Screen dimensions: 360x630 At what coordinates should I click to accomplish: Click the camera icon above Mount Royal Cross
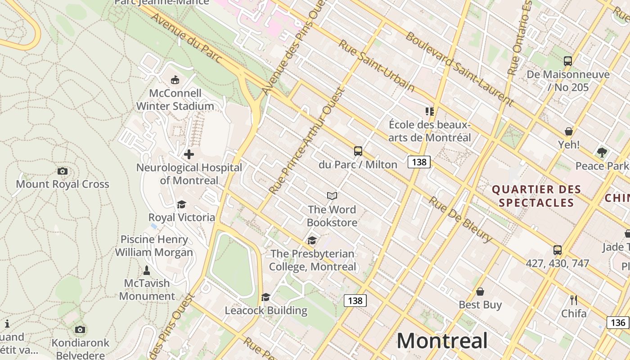coord(63,171)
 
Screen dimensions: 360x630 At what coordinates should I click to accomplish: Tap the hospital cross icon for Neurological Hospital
coord(189,154)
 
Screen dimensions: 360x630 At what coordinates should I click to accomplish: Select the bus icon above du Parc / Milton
coord(358,151)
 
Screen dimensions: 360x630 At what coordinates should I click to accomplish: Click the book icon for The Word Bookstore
coord(332,196)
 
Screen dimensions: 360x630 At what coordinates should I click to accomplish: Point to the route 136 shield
coord(618,322)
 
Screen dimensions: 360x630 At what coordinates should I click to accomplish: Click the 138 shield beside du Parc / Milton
coord(419,162)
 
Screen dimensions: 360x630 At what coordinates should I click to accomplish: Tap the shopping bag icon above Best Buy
coord(480,292)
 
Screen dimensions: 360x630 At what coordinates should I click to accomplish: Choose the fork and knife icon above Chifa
coord(574,300)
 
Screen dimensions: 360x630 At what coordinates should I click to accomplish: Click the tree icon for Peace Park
coord(602,153)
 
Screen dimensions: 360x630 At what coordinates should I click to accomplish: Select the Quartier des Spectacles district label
coord(536,196)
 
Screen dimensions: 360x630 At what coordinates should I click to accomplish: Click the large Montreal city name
coord(442,341)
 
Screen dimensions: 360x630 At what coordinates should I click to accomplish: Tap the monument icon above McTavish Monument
coord(146,270)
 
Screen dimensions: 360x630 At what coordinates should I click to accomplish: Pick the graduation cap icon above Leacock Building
coord(266,297)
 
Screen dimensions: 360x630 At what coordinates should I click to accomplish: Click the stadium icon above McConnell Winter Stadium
coord(175,80)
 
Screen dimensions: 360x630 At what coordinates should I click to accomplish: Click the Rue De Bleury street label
coord(460,219)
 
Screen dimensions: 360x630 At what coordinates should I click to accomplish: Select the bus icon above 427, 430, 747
coord(558,250)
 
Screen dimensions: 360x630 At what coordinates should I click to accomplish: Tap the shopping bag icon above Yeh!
coord(569,131)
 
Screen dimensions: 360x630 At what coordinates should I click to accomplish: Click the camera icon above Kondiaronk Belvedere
coord(80,330)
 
